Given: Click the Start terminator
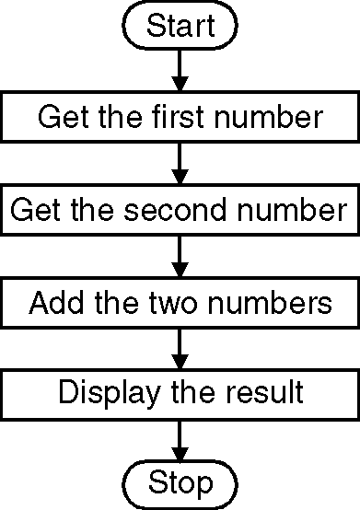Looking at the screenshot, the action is click(x=180, y=25).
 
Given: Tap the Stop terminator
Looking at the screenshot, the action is click(x=180, y=484).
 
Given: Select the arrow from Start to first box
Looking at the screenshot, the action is click(x=180, y=70).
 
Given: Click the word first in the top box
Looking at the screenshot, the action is click(x=178, y=116).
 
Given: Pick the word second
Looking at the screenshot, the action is click(x=175, y=209).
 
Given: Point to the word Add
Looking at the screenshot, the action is click(x=56, y=302).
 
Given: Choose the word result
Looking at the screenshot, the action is click(x=265, y=391).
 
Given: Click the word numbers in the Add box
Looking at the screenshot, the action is click(x=270, y=302).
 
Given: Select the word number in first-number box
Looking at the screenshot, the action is click(x=268, y=116).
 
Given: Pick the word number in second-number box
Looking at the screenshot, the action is click(x=291, y=209).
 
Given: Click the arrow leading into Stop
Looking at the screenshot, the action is click(x=180, y=441).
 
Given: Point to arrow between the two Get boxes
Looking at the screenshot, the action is click(x=180, y=163).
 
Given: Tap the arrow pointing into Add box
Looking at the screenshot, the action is click(x=180, y=256).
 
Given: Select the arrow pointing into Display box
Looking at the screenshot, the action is click(x=180, y=349).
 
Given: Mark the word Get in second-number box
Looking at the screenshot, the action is click(x=35, y=209).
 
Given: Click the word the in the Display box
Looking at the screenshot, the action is click(x=193, y=391).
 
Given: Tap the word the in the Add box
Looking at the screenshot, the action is click(x=116, y=302).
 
